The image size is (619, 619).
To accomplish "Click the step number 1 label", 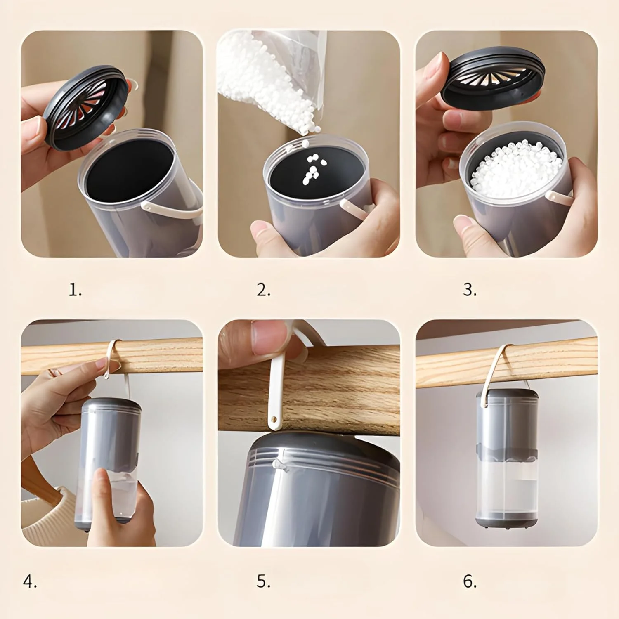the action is tap(75, 290).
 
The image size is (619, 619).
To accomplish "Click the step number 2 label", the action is tap(263, 290).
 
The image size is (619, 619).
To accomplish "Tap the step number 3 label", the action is tap(470, 290).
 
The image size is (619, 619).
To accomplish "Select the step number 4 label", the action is tap(30, 581).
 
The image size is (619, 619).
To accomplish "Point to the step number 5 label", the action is tap(263, 581).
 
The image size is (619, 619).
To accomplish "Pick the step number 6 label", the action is tap(470, 581).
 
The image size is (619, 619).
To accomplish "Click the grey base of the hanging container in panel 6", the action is tap(507, 521).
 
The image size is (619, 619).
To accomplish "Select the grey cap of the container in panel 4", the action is tap(111, 407).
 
